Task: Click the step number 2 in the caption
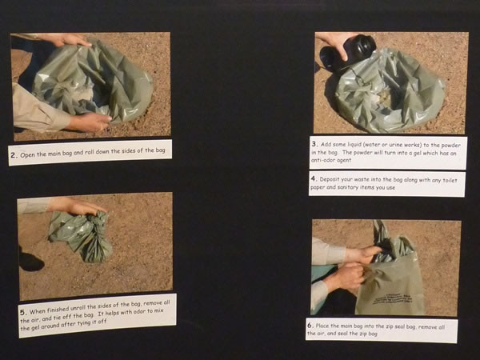click(x=14, y=155)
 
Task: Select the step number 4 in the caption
click(x=314, y=178)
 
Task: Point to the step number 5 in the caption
click(x=23, y=312)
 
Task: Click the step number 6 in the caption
click(x=310, y=325)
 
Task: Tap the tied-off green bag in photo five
click(x=81, y=235)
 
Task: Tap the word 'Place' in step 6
click(x=323, y=326)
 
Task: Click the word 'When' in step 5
click(x=38, y=311)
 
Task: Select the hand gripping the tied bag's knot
click(x=78, y=206)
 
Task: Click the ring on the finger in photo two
click(x=102, y=126)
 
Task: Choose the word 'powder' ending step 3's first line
click(x=450, y=145)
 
